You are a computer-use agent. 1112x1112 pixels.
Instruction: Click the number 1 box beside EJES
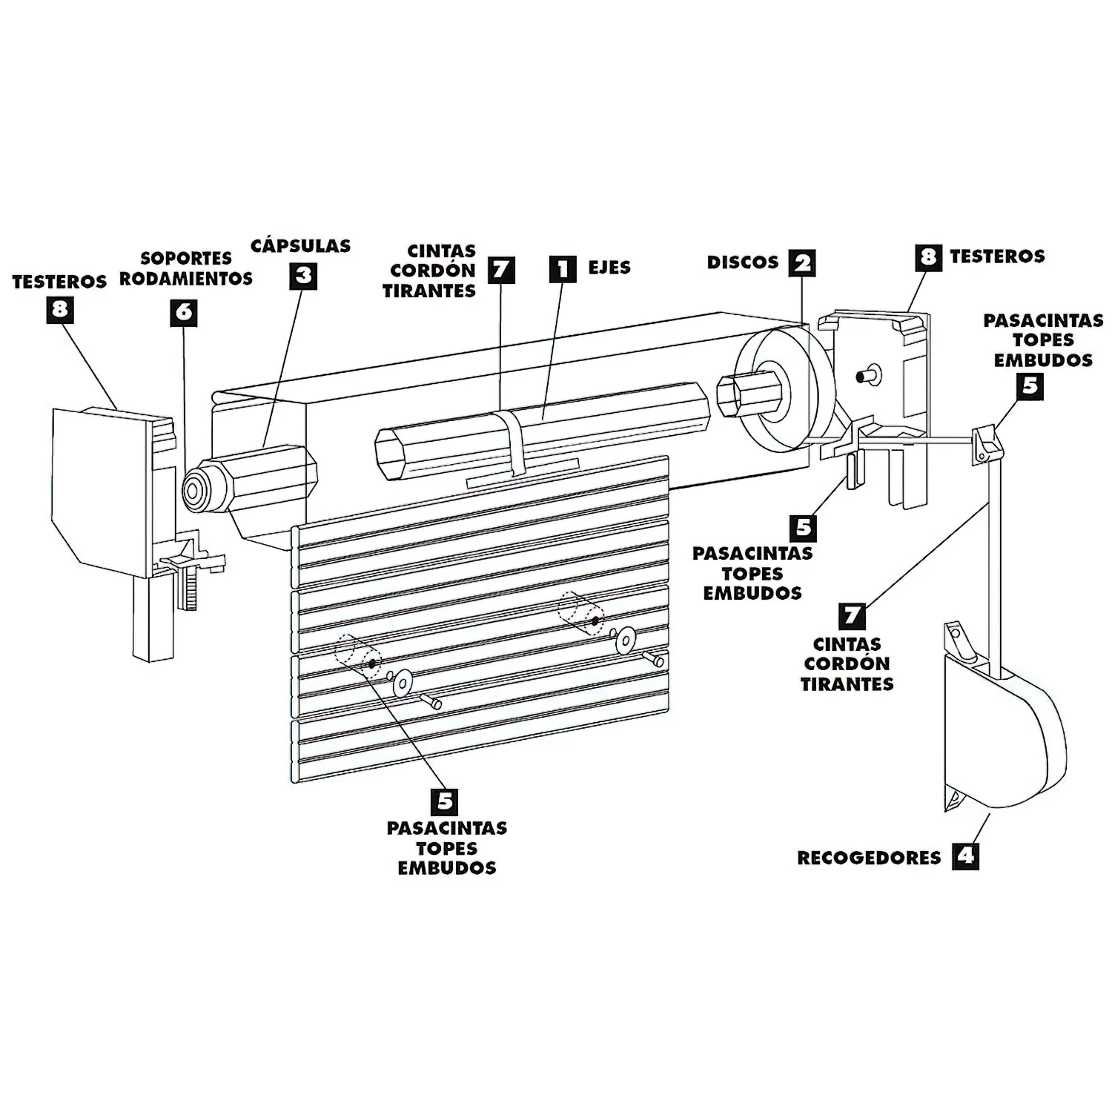(563, 268)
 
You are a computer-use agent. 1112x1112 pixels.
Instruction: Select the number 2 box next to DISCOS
(801, 262)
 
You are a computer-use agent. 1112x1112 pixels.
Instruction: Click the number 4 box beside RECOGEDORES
(964, 856)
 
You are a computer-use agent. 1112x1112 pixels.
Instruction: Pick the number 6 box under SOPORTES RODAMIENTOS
(184, 311)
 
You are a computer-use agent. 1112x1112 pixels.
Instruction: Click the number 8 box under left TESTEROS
(59, 309)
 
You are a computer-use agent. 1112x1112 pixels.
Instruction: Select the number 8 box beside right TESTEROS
(928, 257)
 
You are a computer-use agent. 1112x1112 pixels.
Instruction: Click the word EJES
(609, 268)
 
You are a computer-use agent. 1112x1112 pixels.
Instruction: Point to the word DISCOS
(742, 262)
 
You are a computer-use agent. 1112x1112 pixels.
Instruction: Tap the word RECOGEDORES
(869, 858)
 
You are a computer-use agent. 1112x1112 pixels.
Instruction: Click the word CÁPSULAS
(300, 245)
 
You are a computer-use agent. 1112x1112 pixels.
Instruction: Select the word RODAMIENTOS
(186, 279)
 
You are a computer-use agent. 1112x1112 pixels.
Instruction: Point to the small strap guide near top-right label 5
(983, 444)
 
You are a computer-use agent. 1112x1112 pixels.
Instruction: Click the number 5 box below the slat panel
(445, 801)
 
